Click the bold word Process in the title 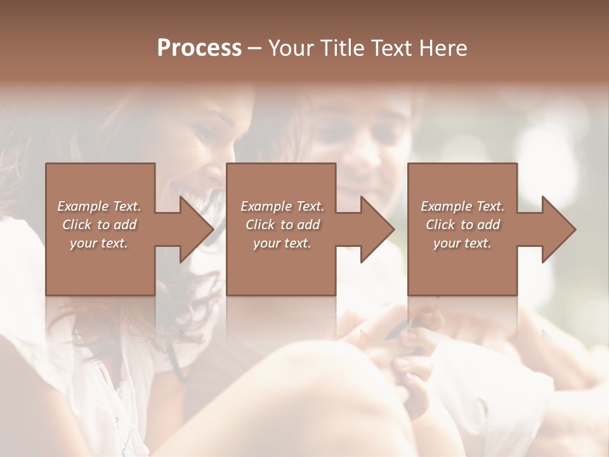[x=199, y=48]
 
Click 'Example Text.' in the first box [x=99, y=206]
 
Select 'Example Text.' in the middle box [x=282, y=206]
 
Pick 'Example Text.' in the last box [x=462, y=206]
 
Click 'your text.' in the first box [x=99, y=243]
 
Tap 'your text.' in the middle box [x=282, y=243]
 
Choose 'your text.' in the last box [x=462, y=243]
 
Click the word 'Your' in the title [x=289, y=48]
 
